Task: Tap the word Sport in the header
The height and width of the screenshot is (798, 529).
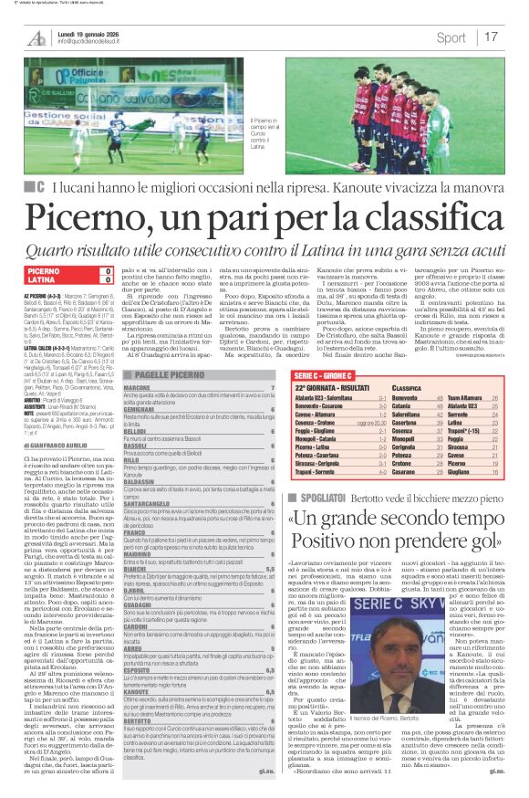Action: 451,37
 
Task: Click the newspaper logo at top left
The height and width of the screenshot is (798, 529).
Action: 36,37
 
